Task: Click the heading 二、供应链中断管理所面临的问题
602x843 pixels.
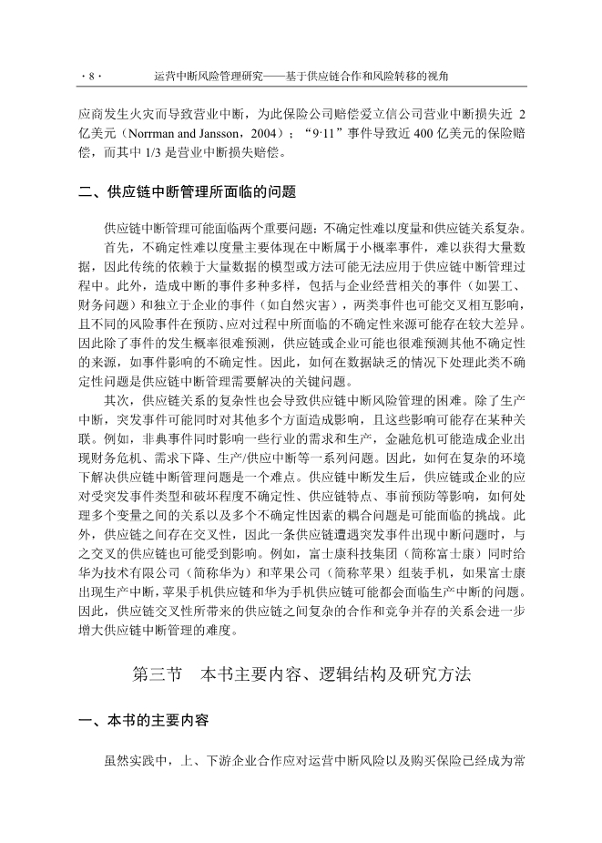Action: point(187,192)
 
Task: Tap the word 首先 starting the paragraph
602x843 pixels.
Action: point(116,247)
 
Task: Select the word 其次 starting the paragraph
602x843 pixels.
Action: point(116,424)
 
